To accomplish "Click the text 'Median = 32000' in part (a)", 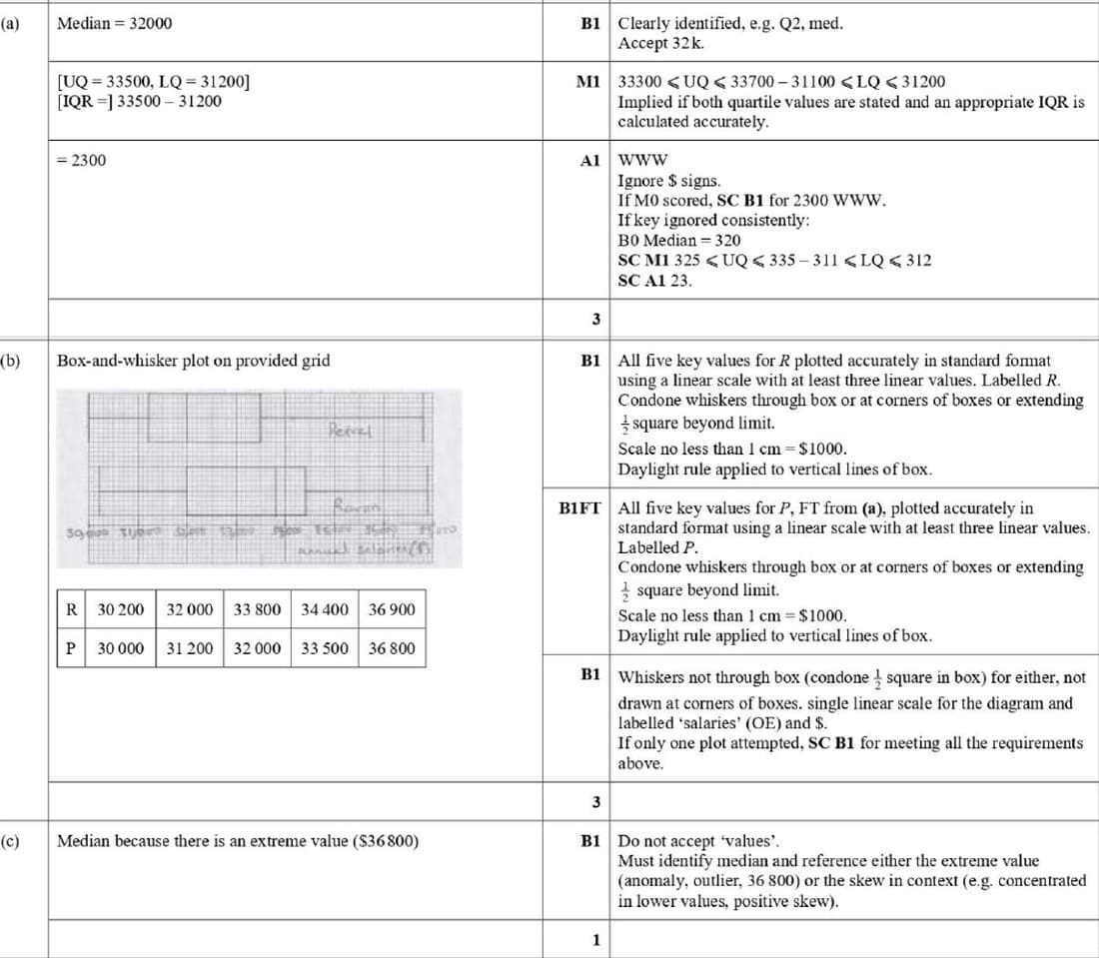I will coord(114,24).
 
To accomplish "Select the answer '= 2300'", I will coord(81,160).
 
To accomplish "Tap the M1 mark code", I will coord(587,81).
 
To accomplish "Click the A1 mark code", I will coord(589,160).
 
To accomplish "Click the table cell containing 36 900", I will coord(392,609).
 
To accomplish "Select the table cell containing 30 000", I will coord(121,648).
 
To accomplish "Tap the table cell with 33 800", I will coord(257,609).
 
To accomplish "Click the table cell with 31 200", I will coord(189,648).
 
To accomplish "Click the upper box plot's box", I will coord(204,417).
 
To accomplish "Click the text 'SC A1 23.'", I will coord(654,281).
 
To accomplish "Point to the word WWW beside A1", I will coord(643,160).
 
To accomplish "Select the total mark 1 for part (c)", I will coord(595,940).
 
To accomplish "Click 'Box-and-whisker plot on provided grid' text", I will coord(193,360).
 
